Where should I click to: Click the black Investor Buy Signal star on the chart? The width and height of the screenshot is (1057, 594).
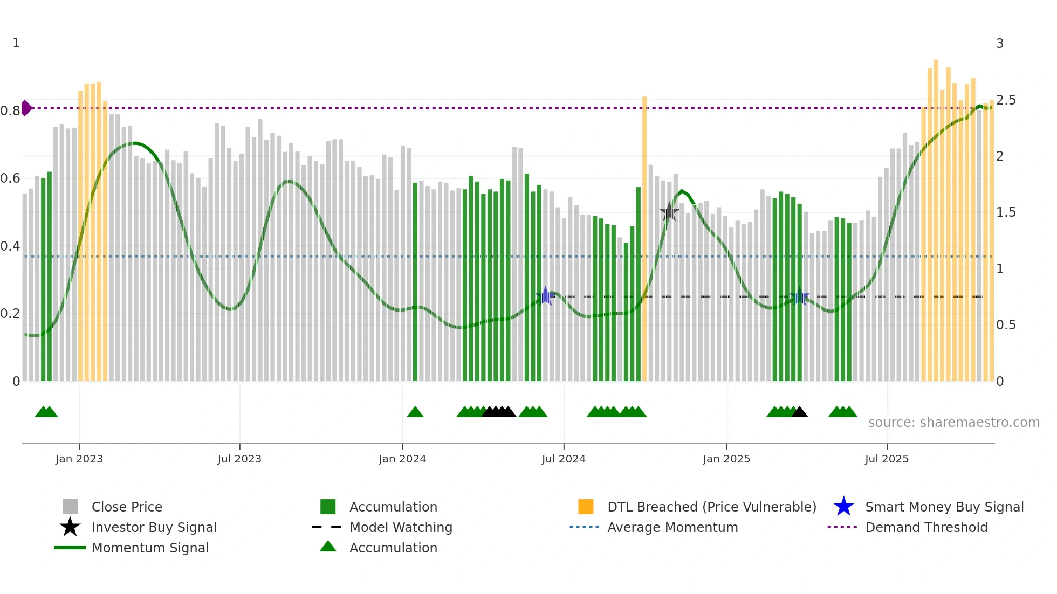(x=669, y=212)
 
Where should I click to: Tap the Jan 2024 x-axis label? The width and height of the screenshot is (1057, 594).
(x=402, y=459)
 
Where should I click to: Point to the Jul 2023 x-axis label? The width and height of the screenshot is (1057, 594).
(x=239, y=459)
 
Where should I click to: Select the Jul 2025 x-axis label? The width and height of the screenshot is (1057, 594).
(x=887, y=459)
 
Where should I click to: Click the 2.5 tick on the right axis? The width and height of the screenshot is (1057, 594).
(x=1005, y=100)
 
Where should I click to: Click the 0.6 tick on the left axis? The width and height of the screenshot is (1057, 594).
(x=10, y=178)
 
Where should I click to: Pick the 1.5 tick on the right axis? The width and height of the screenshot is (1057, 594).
(x=1005, y=212)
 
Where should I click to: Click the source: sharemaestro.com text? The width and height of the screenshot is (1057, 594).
(x=953, y=422)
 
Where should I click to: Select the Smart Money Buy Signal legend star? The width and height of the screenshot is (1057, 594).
(x=843, y=507)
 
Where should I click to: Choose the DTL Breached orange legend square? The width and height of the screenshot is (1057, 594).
(x=586, y=507)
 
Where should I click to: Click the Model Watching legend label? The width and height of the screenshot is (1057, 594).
(x=401, y=527)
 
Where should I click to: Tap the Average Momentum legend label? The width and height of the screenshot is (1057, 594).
(x=672, y=527)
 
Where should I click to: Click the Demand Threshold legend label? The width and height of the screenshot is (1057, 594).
(x=926, y=527)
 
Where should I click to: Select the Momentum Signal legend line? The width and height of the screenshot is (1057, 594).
(x=70, y=548)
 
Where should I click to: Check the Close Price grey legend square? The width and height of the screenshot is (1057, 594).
(x=70, y=507)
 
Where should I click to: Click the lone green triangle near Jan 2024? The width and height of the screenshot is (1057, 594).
(x=415, y=412)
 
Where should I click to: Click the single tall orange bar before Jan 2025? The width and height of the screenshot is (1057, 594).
(x=644, y=237)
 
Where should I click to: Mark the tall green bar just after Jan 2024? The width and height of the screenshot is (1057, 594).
(x=415, y=280)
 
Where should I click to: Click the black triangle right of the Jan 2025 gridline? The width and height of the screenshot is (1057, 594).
(x=799, y=412)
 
